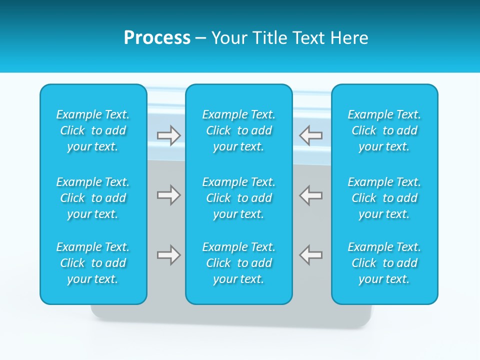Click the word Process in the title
pos(157,38)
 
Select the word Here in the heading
pos(349,38)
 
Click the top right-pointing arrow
pos(168,135)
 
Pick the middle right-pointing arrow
pos(168,195)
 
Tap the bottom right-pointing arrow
pos(168,255)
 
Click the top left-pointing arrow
pos(311,135)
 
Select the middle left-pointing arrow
pos(311,195)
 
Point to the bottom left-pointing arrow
pos(311,255)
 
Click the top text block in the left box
pos(93,130)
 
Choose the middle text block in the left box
pos(93,198)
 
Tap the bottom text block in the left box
pos(93,263)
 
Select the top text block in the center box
pos(239,130)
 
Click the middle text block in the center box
pos(239,198)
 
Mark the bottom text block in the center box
pos(239,263)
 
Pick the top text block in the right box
pos(384,130)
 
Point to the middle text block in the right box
pos(384,198)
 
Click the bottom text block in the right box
pos(384,263)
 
